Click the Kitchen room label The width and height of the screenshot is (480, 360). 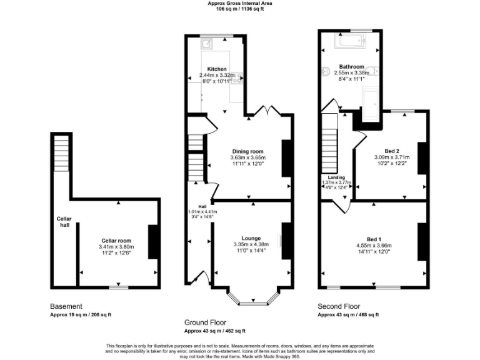point(217,69)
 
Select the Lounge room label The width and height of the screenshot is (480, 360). point(251,237)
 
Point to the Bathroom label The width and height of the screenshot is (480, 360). point(351,66)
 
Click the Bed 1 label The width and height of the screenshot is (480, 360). point(373,240)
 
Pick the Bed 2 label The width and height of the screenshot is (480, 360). point(391,151)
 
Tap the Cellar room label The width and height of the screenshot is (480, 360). point(116,240)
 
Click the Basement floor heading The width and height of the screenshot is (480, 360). point(66,306)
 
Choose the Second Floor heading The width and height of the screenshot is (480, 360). point(339,306)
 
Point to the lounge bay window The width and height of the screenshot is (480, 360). point(251,299)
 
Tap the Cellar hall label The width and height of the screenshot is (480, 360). point(64,221)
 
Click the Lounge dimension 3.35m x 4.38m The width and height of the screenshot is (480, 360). point(251,244)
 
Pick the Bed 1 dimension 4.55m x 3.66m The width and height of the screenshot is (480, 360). point(373,246)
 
